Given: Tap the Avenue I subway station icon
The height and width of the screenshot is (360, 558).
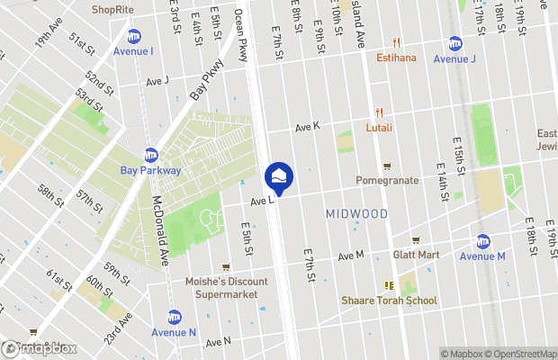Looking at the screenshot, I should click(x=134, y=36).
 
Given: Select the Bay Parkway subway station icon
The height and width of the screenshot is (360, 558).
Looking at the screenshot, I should click(x=151, y=155).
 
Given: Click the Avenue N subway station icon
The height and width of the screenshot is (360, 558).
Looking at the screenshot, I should click(x=175, y=317).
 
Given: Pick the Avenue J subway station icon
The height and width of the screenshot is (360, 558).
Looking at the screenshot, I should click(x=455, y=43).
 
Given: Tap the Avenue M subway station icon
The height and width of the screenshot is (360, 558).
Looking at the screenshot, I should click(x=483, y=241).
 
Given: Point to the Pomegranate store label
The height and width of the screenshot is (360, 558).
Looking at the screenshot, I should click(x=387, y=180).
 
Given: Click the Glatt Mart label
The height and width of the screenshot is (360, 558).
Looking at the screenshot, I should click(x=416, y=255).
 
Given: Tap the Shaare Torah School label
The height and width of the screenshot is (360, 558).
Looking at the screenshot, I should click(x=389, y=300).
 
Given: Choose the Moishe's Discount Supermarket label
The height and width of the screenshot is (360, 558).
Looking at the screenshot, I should click(x=226, y=288).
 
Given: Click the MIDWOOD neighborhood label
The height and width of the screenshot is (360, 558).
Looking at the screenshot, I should click(x=355, y=213).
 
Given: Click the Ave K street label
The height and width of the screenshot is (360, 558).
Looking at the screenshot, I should click(x=305, y=127).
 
